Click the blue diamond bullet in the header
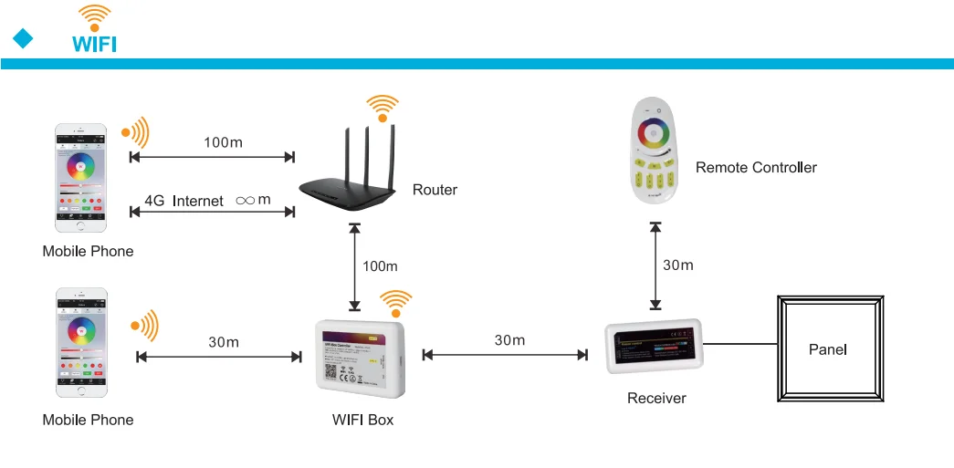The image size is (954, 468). point(23,38)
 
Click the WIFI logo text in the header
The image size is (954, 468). point(94,44)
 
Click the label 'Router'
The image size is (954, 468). point(435,190)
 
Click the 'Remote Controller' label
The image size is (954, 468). point(756,168)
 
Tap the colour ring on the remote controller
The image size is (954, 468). point(655,134)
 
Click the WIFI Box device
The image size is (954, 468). point(359,357)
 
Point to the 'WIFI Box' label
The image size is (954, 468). point(363,420)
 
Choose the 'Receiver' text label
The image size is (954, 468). point(656,398)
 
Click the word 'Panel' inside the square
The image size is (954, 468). point(828,349)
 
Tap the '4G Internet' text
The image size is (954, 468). point(183,201)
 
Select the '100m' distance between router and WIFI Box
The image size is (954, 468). point(380,266)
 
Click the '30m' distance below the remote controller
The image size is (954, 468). point(678,265)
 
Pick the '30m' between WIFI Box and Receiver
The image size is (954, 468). point(509,340)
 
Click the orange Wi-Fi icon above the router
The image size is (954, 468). point(382,106)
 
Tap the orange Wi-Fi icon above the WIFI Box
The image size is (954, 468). point(395,301)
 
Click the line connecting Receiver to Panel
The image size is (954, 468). point(739,345)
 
